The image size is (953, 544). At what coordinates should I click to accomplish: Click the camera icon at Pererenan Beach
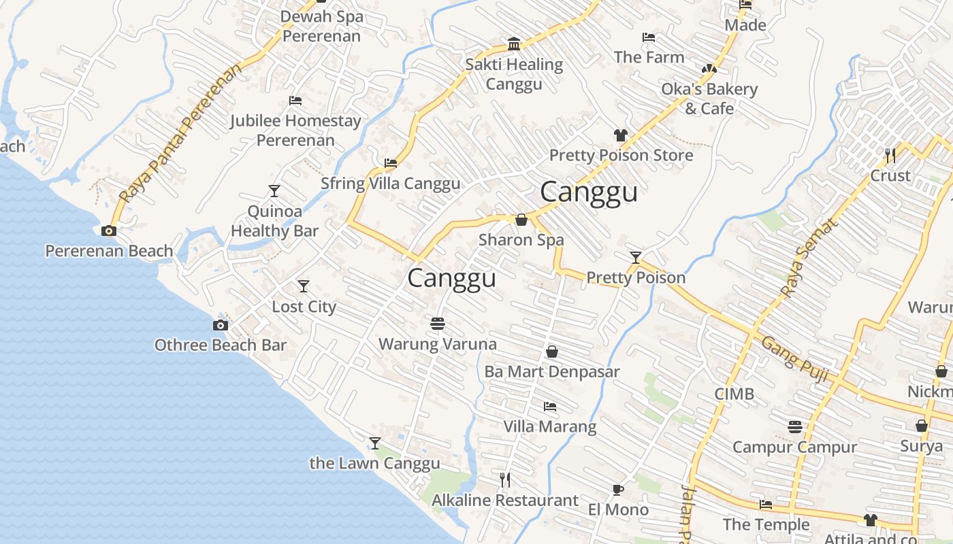pyautogui.click(x=109, y=231)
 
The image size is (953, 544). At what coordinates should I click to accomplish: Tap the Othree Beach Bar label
pyautogui.click(x=221, y=345)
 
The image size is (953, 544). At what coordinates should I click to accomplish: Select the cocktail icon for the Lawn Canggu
pyautogui.click(x=374, y=443)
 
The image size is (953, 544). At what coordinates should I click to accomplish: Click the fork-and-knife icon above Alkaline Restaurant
pyautogui.click(x=505, y=480)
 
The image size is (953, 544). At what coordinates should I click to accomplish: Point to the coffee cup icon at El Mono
pyautogui.click(x=617, y=490)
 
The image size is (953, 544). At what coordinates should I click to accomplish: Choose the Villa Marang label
pyautogui.click(x=549, y=426)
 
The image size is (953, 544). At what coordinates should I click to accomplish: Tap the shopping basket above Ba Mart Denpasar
pyautogui.click(x=552, y=352)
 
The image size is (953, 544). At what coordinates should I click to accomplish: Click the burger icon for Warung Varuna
pyautogui.click(x=438, y=323)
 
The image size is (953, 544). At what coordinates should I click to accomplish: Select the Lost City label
pyautogui.click(x=304, y=306)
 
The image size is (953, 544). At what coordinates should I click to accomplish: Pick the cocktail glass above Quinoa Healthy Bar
pyautogui.click(x=274, y=191)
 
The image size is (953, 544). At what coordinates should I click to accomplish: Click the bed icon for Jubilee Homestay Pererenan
pyautogui.click(x=295, y=101)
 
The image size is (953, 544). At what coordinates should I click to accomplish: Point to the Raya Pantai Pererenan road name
pyautogui.click(x=180, y=133)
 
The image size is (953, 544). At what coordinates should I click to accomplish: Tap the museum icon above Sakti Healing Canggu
pyautogui.click(x=515, y=45)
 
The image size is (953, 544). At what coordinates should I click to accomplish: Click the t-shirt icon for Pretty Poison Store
pyautogui.click(x=620, y=135)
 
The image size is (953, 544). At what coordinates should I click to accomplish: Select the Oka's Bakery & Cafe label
pyautogui.click(x=709, y=99)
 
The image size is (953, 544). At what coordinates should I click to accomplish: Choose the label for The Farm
pyautogui.click(x=649, y=57)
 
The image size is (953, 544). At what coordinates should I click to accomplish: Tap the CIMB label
pyautogui.click(x=734, y=394)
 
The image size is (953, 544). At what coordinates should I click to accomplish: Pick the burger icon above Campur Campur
pyautogui.click(x=795, y=426)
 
